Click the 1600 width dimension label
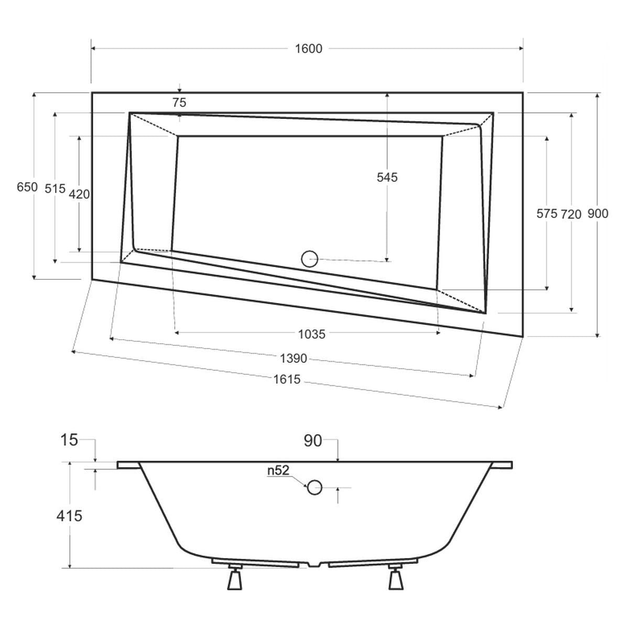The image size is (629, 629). [308, 49]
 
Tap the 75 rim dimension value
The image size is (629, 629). [179, 103]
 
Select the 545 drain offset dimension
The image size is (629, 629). [387, 177]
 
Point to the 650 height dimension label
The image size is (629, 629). [27, 187]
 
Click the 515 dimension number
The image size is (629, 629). [55, 188]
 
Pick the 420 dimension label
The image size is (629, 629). [79, 194]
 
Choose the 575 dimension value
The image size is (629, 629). [546, 214]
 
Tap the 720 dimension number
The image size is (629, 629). [571, 214]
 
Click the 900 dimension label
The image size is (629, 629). [598, 213]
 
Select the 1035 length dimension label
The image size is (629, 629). [312, 334]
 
